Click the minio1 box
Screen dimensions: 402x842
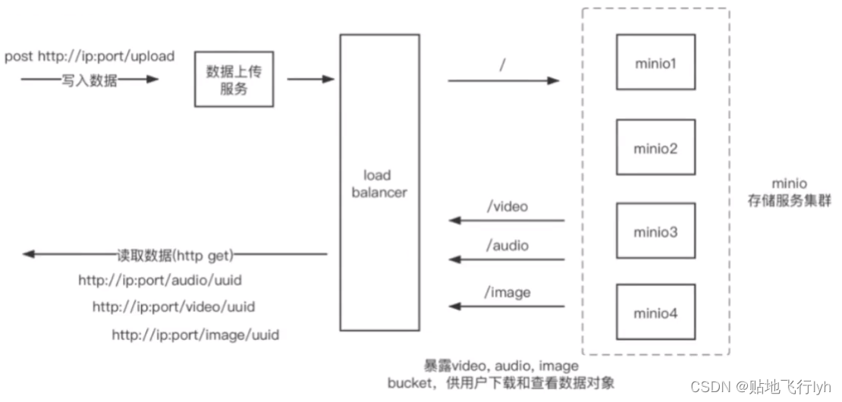(x=655, y=62)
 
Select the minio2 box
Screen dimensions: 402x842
(x=655, y=148)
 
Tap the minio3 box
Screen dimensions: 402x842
(x=655, y=231)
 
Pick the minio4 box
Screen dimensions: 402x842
(x=655, y=312)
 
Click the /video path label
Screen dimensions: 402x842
(x=507, y=206)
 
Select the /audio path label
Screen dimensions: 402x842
(x=507, y=245)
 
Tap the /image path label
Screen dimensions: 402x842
(x=507, y=292)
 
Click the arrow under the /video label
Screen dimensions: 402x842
(x=507, y=221)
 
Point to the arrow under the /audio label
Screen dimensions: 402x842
(x=507, y=259)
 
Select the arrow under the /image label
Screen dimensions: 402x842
(x=507, y=306)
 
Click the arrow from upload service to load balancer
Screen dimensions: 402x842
(x=310, y=79)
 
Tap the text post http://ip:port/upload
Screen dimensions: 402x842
(x=90, y=57)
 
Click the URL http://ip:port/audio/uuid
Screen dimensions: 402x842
(x=159, y=281)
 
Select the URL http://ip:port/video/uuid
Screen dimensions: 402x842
(x=174, y=307)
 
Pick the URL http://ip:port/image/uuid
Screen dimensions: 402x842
(x=195, y=334)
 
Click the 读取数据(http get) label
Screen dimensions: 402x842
(x=174, y=254)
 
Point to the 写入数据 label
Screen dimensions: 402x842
(x=90, y=80)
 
